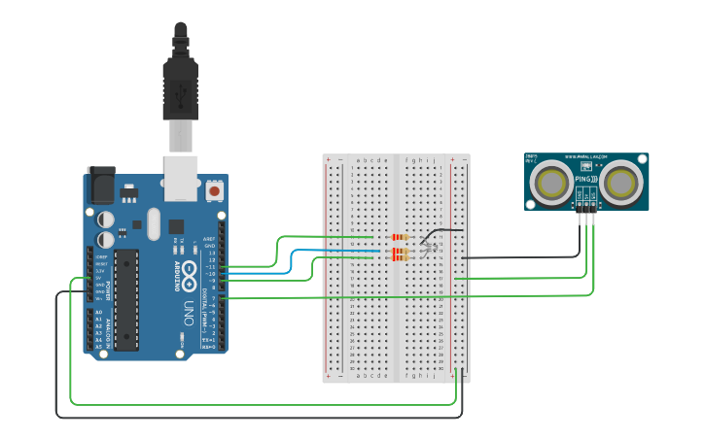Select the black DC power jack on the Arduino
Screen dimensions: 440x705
[101, 185]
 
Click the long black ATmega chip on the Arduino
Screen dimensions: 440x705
[126, 298]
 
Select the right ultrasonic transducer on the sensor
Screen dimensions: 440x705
[622, 181]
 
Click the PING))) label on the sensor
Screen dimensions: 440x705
[586, 180]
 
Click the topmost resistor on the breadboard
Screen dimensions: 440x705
[400, 237]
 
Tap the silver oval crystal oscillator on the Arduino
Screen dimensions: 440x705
[153, 224]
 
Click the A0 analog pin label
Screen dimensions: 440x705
[98, 313]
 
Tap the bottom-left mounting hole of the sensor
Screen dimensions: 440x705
[531, 204]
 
